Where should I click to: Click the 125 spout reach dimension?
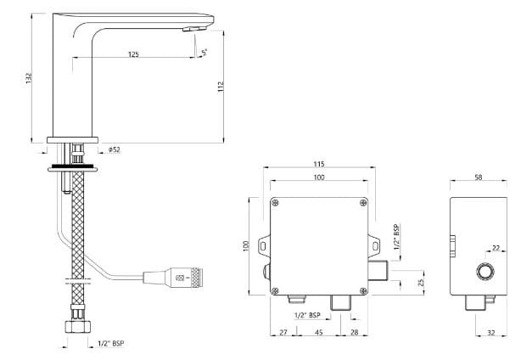point(133,54)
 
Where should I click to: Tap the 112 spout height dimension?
point(221,87)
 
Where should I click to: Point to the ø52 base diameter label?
point(115,150)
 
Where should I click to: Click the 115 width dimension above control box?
point(319,163)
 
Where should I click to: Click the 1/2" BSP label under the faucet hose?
point(110,345)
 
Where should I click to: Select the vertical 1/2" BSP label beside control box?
point(396,240)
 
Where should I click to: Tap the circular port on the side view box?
point(485,272)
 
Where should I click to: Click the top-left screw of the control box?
point(275,202)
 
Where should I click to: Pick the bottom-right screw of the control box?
point(363,288)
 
